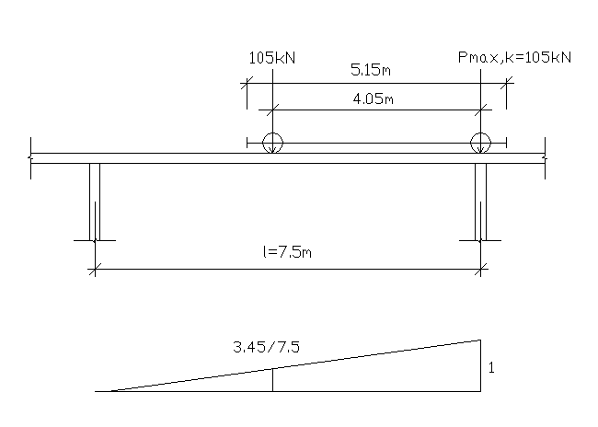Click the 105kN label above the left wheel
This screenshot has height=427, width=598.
point(272,58)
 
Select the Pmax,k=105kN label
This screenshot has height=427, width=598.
point(514,58)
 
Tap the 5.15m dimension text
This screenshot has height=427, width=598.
point(371,70)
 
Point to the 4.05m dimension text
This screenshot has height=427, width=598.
point(373,99)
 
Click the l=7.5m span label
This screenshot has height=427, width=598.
point(287,252)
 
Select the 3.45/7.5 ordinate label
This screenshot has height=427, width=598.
point(266,347)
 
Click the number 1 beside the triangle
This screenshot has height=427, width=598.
point(491,368)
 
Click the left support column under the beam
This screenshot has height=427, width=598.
point(95,202)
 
